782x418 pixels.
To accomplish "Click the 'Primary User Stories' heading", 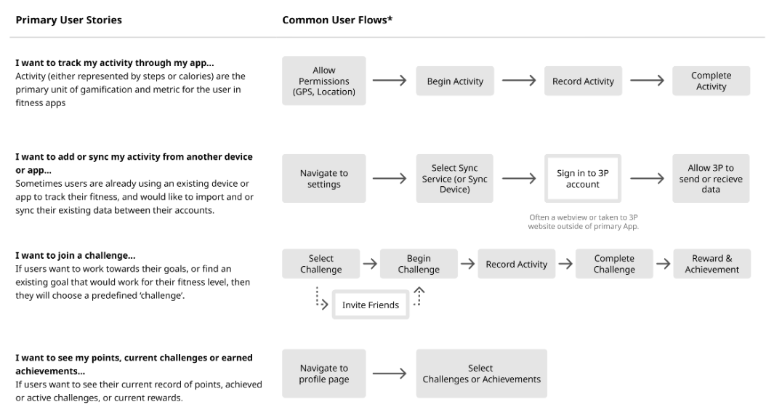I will pos(68,20).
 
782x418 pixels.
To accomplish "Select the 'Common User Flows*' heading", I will pos(337,20).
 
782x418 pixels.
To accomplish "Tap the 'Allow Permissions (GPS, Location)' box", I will pos(323,81).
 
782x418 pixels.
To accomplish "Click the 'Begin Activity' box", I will pos(455,81).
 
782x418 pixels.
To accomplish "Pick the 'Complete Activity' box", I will pos(711,81).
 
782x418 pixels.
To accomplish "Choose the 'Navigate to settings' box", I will pos(323,179).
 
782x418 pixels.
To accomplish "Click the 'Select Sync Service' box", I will pos(455,179).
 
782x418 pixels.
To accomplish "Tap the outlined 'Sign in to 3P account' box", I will pos(583,179).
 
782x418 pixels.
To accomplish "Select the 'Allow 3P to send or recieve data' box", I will pos(711,179).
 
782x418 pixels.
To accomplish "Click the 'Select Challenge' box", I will pos(321,264).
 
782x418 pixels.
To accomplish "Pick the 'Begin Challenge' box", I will pos(419,264).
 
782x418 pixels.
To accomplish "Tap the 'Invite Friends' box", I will pos(371,305).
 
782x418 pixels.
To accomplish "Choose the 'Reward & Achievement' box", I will pos(712,264).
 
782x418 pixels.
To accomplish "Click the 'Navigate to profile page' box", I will pos(323,374).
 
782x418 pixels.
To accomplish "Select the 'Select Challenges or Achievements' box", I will pos(481,374).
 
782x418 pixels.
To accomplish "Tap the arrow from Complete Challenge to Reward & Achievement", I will pos(663,264).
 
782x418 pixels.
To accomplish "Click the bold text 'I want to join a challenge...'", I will pos(76,255).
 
